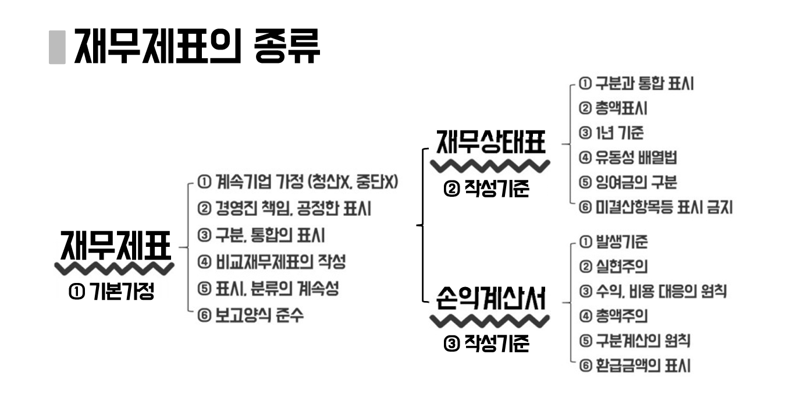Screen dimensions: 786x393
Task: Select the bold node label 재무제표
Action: [x=115, y=246]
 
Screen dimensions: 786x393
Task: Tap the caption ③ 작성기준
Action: [x=486, y=344]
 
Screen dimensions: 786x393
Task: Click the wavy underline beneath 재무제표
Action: [x=114, y=268]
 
